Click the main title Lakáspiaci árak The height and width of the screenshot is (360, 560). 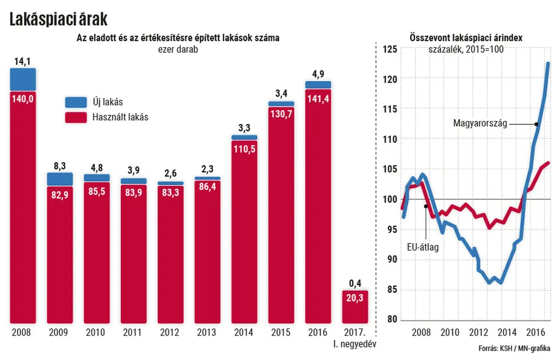coord(58,19)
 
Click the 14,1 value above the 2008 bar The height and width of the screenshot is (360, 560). coord(23,61)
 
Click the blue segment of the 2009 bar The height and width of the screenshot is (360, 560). coord(60,178)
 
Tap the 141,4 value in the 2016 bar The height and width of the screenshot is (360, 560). coord(318,98)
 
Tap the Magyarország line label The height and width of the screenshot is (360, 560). coord(480,124)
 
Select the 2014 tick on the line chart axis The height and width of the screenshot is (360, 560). coord(506,332)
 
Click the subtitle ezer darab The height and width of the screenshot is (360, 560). coord(177,50)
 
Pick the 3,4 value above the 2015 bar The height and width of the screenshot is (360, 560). coord(282,94)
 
